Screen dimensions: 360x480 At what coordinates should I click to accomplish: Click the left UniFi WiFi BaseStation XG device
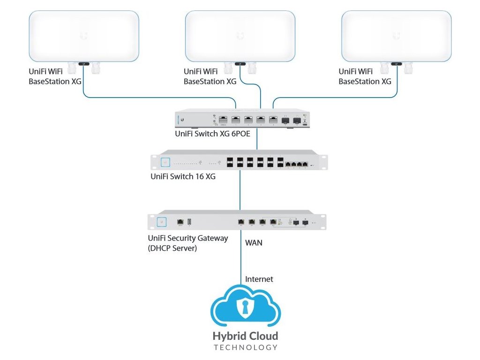point(84,36)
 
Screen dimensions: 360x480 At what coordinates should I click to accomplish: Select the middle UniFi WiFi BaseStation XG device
point(240,36)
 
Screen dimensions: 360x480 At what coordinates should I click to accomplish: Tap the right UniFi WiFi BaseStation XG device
point(397,36)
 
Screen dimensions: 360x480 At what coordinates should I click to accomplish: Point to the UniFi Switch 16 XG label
point(183,177)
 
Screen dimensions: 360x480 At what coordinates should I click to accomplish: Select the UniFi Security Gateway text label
point(187,238)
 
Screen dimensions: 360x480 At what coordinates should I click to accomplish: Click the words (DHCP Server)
point(172,247)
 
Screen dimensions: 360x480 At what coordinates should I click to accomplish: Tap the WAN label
point(254,243)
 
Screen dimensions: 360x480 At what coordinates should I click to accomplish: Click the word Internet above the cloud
point(259,279)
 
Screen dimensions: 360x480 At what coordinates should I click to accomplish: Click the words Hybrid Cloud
point(245,336)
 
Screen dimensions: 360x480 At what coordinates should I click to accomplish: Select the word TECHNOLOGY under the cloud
point(245,348)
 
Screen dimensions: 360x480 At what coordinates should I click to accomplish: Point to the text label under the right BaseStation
point(365,76)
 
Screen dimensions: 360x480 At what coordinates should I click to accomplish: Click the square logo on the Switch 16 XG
point(165,162)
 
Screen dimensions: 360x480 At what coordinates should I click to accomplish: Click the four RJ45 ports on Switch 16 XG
point(297,164)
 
